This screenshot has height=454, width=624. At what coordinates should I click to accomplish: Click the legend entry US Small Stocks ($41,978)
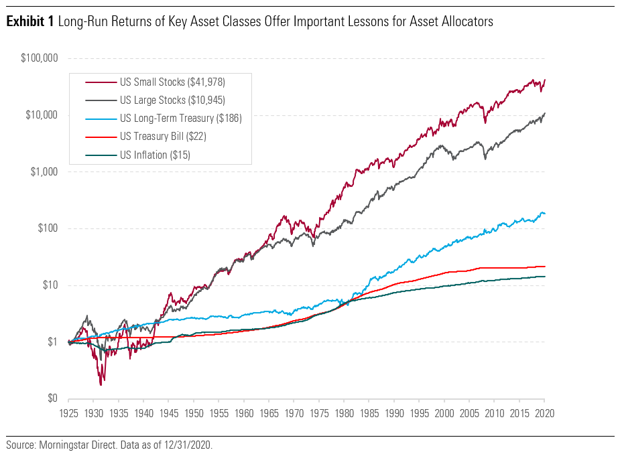pyautogui.click(x=172, y=82)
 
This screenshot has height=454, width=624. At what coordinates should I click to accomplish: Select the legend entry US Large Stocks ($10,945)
pyautogui.click(x=172, y=100)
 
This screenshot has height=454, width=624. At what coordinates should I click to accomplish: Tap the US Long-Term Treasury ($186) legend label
pyautogui.click(x=180, y=119)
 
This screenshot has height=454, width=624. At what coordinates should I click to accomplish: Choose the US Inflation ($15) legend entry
pyautogui.click(x=158, y=155)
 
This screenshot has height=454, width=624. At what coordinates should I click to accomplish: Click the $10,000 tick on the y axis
pyautogui.click(x=40, y=115)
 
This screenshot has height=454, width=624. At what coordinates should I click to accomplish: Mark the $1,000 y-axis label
pyautogui.click(x=43, y=172)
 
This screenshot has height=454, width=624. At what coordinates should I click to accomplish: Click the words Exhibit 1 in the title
pyautogui.click(x=30, y=22)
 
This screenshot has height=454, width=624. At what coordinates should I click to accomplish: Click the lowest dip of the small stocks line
pyautogui.click(x=101, y=384)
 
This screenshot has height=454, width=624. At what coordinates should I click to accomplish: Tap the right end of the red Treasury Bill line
pyautogui.click(x=545, y=267)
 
